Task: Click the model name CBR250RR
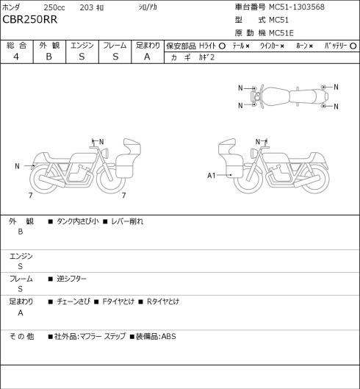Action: pyautogui.click(x=29, y=20)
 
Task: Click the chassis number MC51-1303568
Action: pyautogui.click(x=297, y=7)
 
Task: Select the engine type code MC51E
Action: pyautogui.click(x=281, y=33)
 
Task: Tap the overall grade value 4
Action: pyautogui.click(x=16, y=57)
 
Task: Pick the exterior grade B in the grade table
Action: pyautogui.click(x=48, y=57)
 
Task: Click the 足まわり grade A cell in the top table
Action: pyautogui.click(x=147, y=57)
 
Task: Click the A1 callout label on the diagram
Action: pyautogui.click(x=212, y=176)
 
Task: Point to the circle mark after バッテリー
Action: pyautogui.click(x=353, y=46)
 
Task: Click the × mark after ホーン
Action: pyautogui.click(x=311, y=46)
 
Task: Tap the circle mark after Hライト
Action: pyautogui.click(x=222, y=46)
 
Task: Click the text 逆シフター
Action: pyautogui.click(x=71, y=279)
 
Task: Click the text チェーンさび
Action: pyautogui.click(x=73, y=301)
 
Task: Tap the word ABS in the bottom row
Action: pyautogui.click(x=168, y=336)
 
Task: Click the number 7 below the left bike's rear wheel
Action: pyautogui.click(x=31, y=196)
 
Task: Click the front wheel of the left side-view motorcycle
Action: pyautogui.click(x=110, y=179)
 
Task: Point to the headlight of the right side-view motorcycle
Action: pyautogui.click(x=253, y=152)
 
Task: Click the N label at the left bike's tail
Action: pyautogui.click(x=17, y=166)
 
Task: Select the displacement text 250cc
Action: pyautogui.click(x=54, y=7)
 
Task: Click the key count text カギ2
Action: pyautogui.click(x=206, y=57)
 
